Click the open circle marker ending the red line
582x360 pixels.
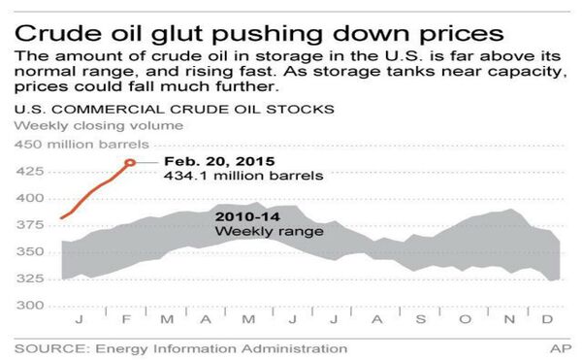pyautogui.click(x=131, y=162)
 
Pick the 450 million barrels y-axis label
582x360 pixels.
pyautogui.click(x=73, y=145)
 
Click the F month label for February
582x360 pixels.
pyautogui.click(x=113, y=319)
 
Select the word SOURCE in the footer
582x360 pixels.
pyautogui.click(x=48, y=347)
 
